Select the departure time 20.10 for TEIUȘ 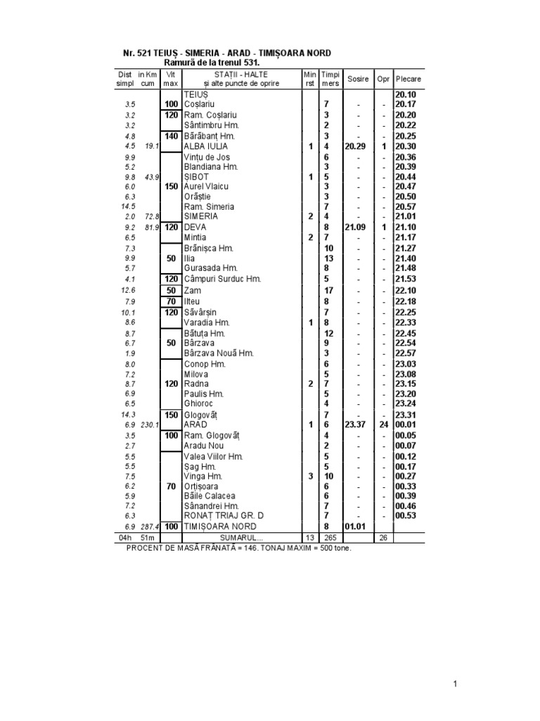[406, 94]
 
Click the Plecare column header [408, 79]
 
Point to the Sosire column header [357, 79]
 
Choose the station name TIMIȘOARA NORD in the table [219, 527]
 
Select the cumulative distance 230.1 [150, 425]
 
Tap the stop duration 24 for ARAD [383, 425]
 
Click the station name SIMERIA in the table [200, 217]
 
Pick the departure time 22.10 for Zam [406, 290]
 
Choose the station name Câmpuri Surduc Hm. [222, 279]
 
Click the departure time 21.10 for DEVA [406, 228]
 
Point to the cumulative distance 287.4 [150, 527]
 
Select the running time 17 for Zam [328, 290]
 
